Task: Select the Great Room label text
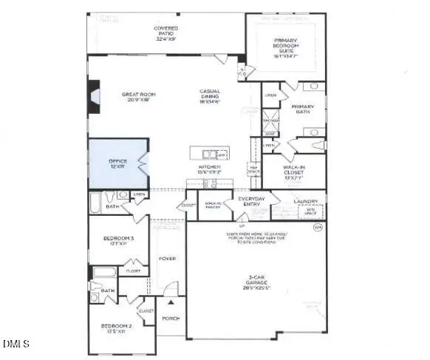coord(137,98)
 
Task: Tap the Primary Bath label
coord(303,109)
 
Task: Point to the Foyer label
coord(167,259)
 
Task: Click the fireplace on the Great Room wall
coord(92,96)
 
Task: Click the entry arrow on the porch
coord(171,302)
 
